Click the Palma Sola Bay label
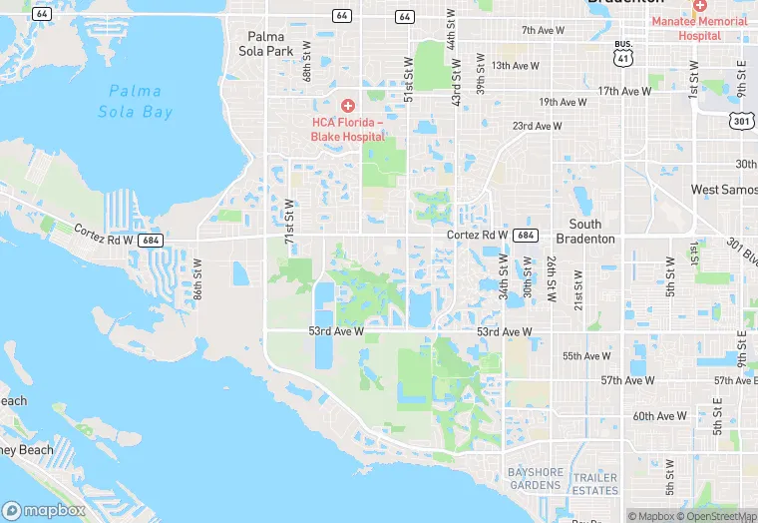click(x=136, y=101)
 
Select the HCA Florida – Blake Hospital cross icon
click(x=347, y=105)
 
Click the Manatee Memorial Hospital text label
click(x=699, y=28)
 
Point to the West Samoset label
click(x=724, y=189)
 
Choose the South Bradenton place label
click(x=591, y=232)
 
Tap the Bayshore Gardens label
click(x=535, y=478)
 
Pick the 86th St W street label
click(x=197, y=280)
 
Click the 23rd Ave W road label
click(x=537, y=127)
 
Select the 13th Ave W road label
click(x=515, y=66)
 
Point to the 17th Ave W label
click(x=624, y=91)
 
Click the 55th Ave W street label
click(x=586, y=356)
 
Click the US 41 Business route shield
click(x=623, y=52)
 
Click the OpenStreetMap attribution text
click(x=716, y=516)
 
